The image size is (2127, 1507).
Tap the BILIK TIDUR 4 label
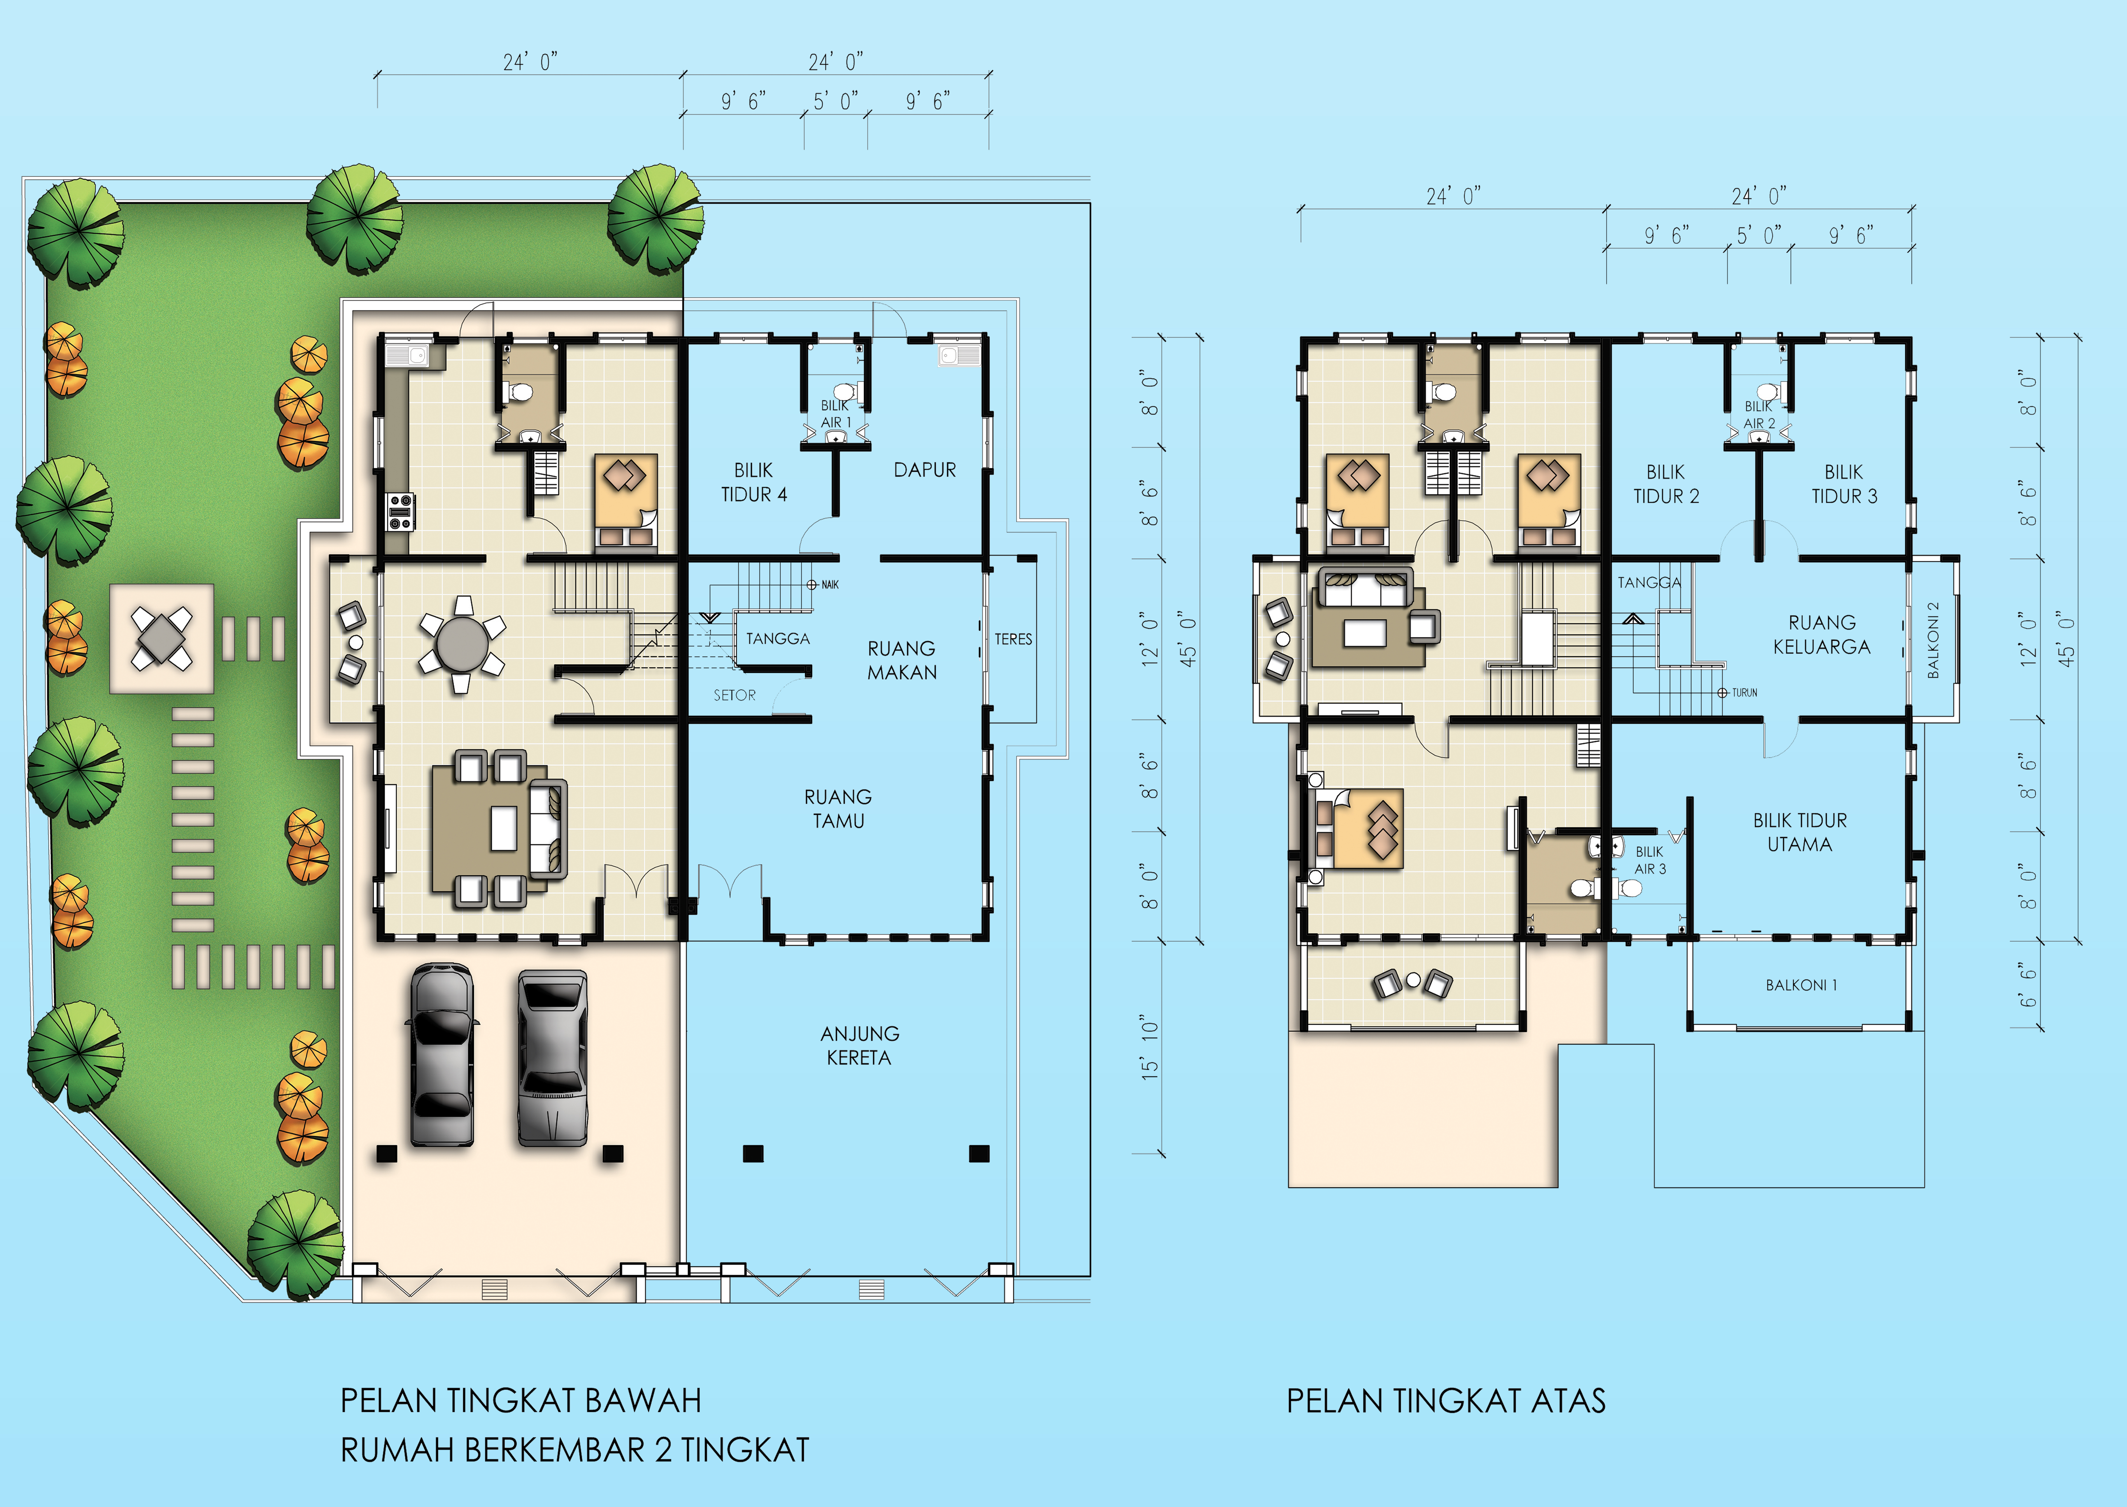(x=754, y=483)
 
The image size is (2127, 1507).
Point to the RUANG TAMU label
(x=838, y=808)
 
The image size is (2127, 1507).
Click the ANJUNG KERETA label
(x=859, y=1045)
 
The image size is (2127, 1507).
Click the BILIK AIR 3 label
(x=1650, y=860)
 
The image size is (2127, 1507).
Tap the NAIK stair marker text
(x=830, y=585)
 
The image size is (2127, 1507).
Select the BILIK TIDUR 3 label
(x=1844, y=484)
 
